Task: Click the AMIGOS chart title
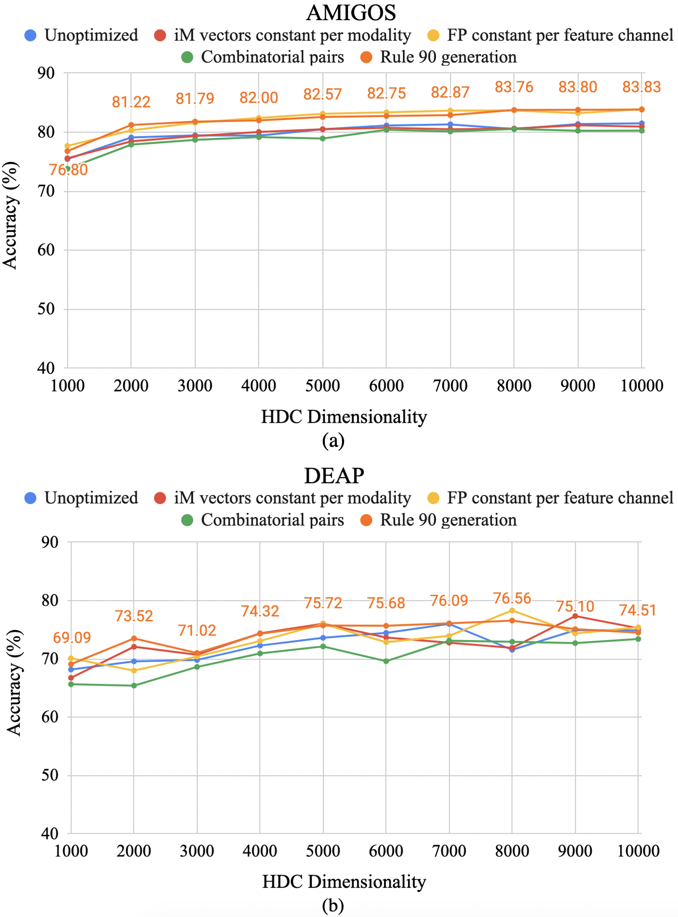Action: (351, 13)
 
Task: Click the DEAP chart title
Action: (334, 476)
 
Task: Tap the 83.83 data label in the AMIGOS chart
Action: (641, 87)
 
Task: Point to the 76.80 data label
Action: (69, 170)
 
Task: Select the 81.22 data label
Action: (131, 102)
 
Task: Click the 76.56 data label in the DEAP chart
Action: (512, 598)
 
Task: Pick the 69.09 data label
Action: (72, 638)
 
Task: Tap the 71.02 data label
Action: (197, 630)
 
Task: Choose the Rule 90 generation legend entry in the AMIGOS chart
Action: (439, 57)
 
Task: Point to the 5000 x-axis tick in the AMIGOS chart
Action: (323, 386)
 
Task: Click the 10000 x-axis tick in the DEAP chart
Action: (639, 851)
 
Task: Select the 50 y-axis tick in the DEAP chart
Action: (49, 775)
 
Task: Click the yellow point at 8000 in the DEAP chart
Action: (512, 611)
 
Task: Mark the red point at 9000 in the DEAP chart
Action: (575, 616)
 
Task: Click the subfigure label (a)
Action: (333, 440)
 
